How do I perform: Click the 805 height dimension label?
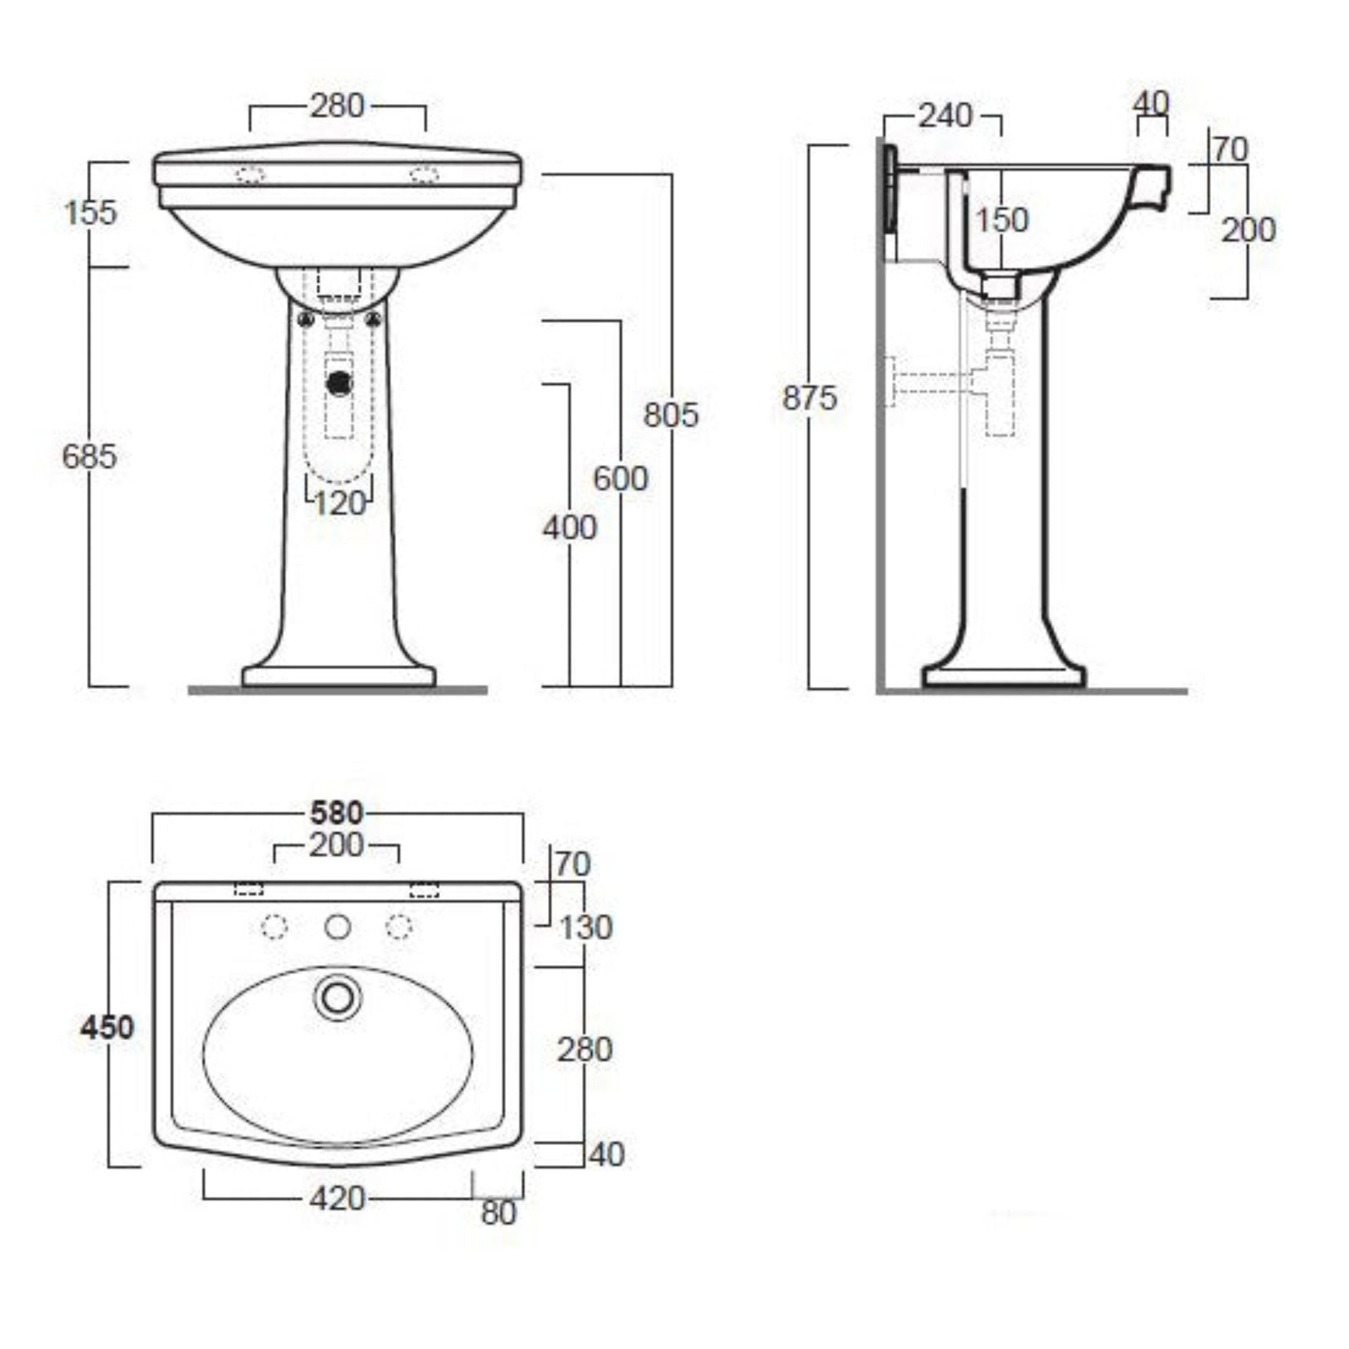[x=671, y=415]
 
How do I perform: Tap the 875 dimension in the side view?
[x=809, y=399]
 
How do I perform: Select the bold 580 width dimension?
[x=337, y=813]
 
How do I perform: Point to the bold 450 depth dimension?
[x=107, y=1027]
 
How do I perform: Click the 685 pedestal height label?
[x=90, y=457]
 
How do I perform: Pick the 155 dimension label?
[x=90, y=212]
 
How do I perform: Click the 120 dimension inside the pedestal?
[x=339, y=503]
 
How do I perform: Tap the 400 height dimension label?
[x=569, y=528]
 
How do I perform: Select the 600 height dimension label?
[x=620, y=479]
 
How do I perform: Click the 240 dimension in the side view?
[x=944, y=116]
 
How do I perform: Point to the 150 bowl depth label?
[x=1001, y=221]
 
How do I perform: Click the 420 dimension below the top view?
[x=337, y=1199]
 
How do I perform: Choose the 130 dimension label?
[x=586, y=928]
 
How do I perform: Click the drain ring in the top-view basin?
[x=338, y=999]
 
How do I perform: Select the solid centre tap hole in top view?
[x=338, y=927]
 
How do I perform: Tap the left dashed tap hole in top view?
[x=274, y=927]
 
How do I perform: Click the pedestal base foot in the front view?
[x=339, y=676]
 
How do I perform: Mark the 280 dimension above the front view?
[x=337, y=106]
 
